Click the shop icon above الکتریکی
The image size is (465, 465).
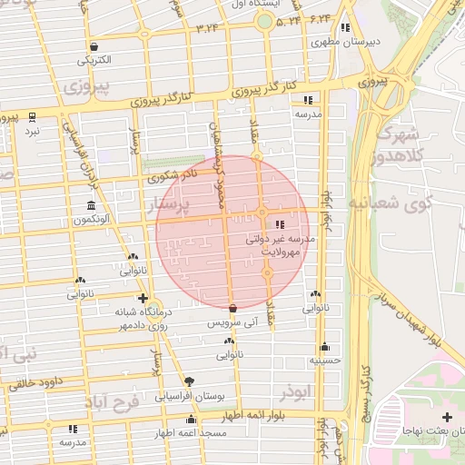coord(94,46)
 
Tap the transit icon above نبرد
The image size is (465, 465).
coord(33,116)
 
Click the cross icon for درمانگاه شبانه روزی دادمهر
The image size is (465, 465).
coord(142,297)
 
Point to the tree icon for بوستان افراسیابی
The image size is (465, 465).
coord(189,381)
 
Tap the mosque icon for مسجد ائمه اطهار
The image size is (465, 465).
coord(191,419)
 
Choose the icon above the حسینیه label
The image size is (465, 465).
coord(324,347)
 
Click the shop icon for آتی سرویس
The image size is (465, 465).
coord(233,308)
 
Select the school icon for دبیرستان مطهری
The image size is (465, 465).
coord(345,27)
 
